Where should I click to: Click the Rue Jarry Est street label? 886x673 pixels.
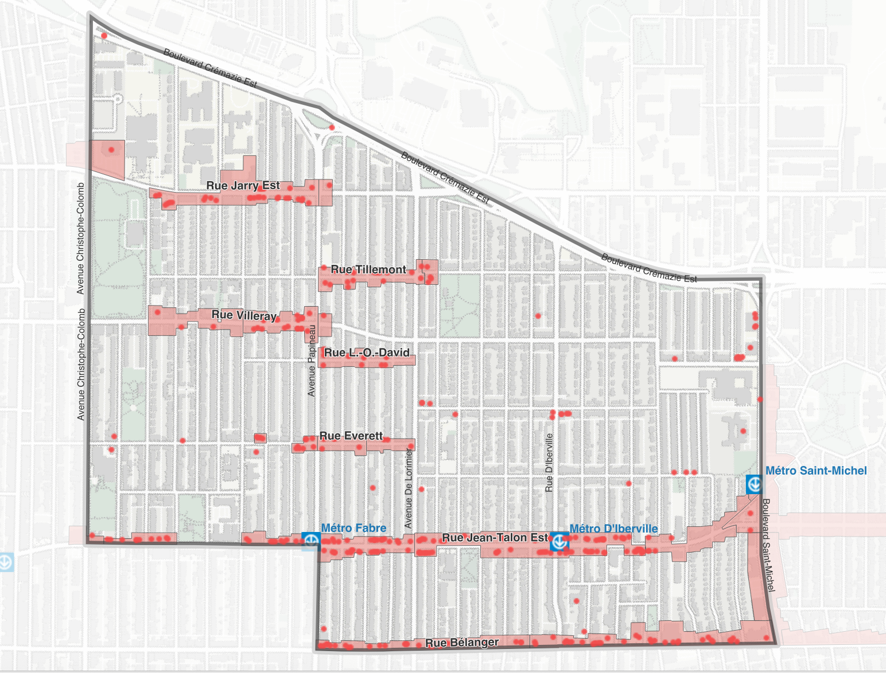pyautogui.click(x=243, y=186)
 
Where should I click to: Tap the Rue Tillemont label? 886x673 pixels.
pyautogui.click(x=368, y=270)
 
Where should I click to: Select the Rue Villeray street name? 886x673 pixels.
pyautogui.click(x=244, y=315)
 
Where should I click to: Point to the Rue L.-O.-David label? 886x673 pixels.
pyautogui.click(x=367, y=353)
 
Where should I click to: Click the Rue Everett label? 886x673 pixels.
pyautogui.click(x=351, y=436)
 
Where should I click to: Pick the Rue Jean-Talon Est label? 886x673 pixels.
pyautogui.click(x=495, y=538)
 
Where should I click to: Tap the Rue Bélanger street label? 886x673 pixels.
pyautogui.click(x=462, y=643)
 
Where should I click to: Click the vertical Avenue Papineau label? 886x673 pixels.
pyautogui.click(x=312, y=361)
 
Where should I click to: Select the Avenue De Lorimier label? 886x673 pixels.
pyautogui.click(x=409, y=489)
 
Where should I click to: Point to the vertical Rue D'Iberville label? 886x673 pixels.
pyautogui.click(x=549, y=463)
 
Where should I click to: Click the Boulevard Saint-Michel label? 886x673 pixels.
pyautogui.click(x=768, y=545)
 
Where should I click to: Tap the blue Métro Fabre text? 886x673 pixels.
pyautogui.click(x=353, y=528)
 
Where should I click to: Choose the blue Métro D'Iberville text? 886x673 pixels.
pyautogui.click(x=613, y=529)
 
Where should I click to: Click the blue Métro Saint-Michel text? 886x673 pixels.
pyautogui.click(x=816, y=471)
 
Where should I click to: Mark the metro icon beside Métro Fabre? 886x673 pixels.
pyautogui.click(x=312, y=541)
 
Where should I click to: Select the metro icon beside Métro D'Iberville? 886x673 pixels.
pyautogui.click(x=559, y=541)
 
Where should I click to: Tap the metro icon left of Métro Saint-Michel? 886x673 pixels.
pyautogui.click(x=754, y=484)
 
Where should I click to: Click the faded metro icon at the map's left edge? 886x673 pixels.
pyautogui.click(x=5, y=561)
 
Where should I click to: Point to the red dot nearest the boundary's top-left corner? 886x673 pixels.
pyautogui.click(x=104, y=36)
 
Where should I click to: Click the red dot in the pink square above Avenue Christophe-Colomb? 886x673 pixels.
pyautogui.click(x=111, y=150)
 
